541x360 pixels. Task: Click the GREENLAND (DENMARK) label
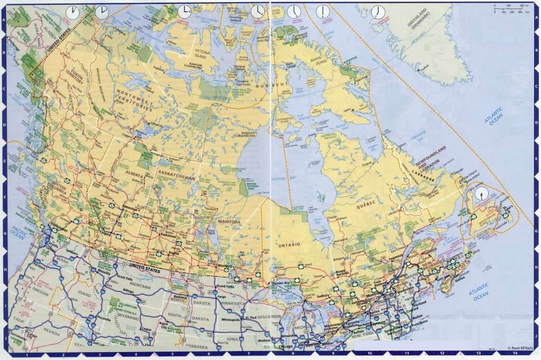427,27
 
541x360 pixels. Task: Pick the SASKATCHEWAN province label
176,179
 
